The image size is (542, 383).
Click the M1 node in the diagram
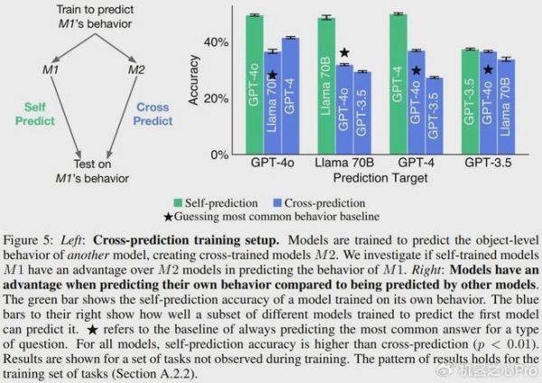click(51, 70)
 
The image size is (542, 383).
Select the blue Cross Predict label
click(153, 113)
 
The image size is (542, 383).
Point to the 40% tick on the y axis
click(218, 42)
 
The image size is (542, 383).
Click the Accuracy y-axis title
click(193, 86)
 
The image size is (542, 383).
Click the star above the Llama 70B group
click(343, 53)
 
